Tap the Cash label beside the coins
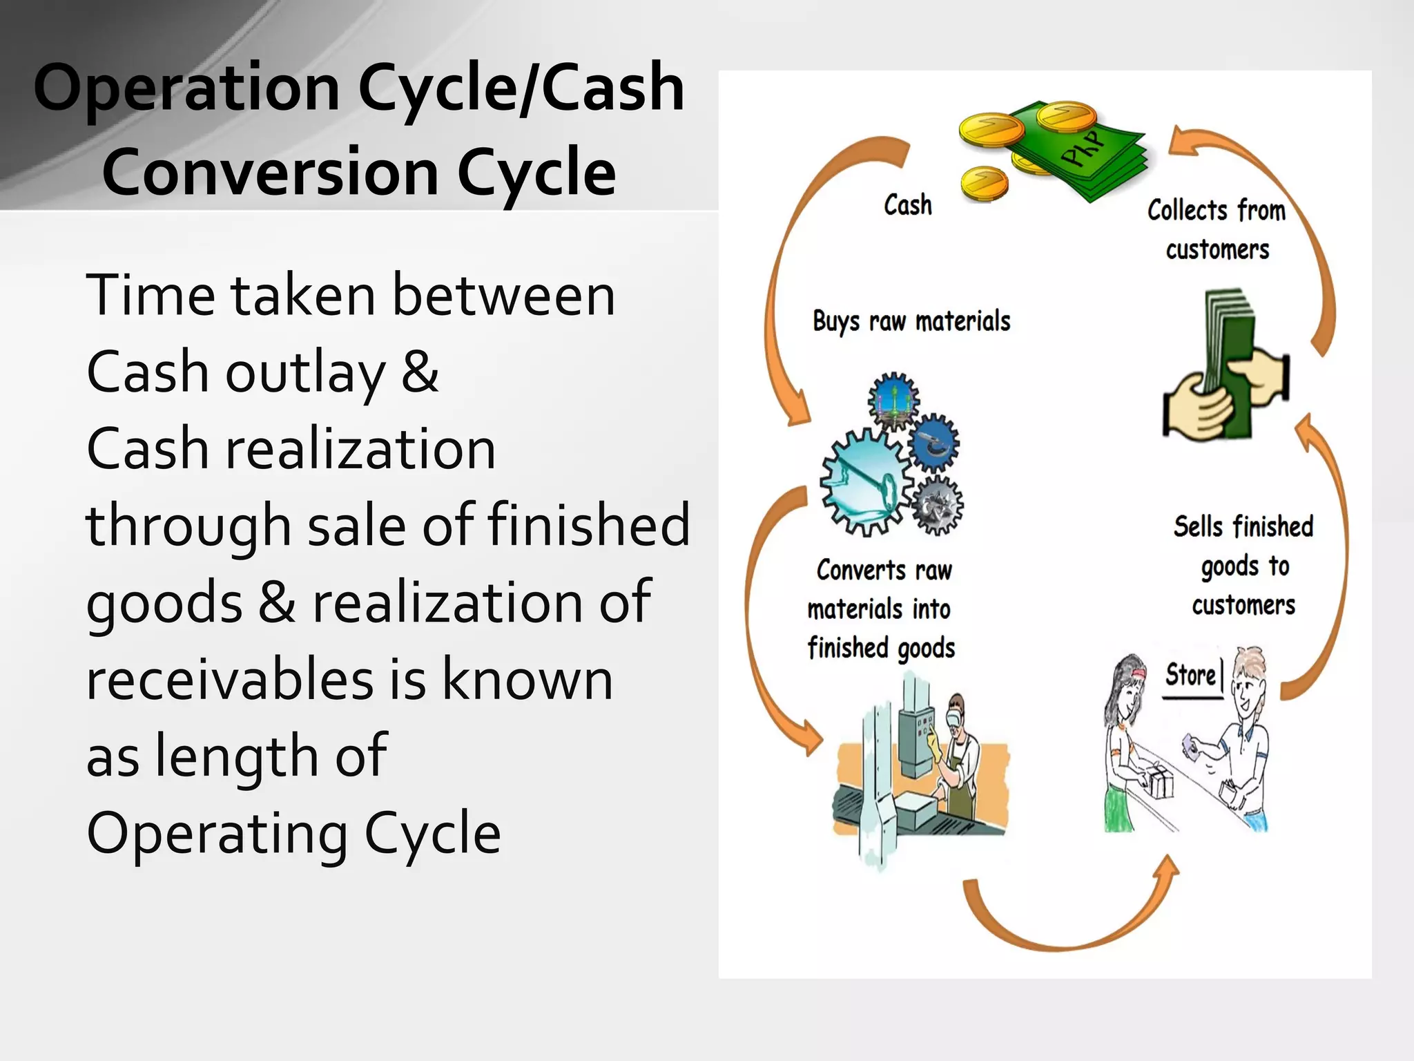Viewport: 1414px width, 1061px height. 907,205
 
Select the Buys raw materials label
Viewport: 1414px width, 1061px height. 911,322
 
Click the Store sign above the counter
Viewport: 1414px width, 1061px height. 1190,675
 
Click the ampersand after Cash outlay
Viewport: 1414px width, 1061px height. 420,372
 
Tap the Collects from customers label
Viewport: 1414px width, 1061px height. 1217,229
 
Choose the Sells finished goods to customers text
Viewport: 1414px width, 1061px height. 1243,565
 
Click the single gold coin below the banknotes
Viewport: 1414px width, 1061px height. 984,184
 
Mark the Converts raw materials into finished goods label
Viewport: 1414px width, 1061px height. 882,609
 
